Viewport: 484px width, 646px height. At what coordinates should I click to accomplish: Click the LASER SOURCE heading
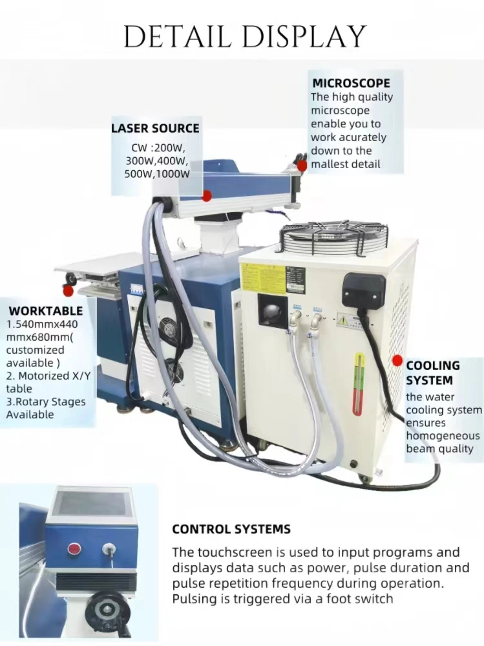[155, 128]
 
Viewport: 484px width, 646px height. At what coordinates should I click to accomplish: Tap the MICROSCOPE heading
[351, 83]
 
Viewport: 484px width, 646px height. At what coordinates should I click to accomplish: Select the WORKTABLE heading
[46, 311]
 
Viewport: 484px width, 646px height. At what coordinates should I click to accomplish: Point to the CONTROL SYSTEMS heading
[231, 529]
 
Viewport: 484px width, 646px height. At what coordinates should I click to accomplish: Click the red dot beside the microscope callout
[302, 165]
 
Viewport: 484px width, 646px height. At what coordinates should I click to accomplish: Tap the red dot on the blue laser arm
[207, 195]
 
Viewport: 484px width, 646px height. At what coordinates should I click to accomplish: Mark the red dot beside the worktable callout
[68, 291]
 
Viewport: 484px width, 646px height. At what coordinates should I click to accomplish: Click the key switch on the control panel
[109, 550]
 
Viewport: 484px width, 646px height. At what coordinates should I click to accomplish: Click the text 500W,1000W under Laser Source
[157, 174]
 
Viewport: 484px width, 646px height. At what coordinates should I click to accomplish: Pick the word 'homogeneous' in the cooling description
[443, 435]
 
